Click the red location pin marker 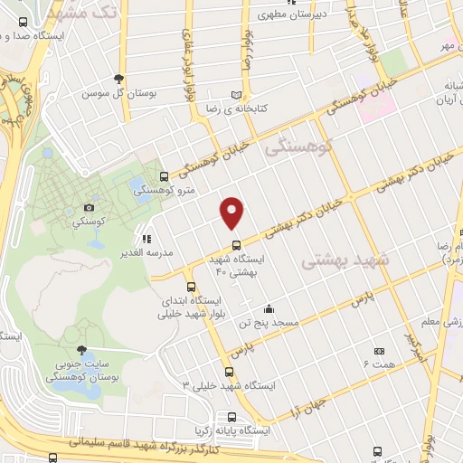click(x=232, y=212)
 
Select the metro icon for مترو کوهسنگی click(x=164, y=176)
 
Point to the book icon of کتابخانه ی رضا click(x=237, y=94)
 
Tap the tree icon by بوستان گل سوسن click(x=118, y=79)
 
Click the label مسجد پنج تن click(x=267, y=322)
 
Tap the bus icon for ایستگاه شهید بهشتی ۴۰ click(x=236, y=243)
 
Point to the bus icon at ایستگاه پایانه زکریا click(x=232, y=418)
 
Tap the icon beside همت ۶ click(x=379, y=350)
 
